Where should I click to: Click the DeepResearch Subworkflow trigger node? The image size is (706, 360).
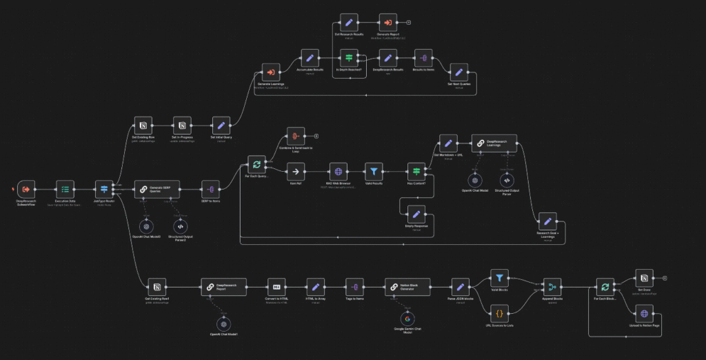(26, 189)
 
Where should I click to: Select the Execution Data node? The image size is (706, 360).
(65, 189)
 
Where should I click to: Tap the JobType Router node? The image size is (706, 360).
(105, 189)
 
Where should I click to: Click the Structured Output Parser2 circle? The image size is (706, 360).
(180, 226)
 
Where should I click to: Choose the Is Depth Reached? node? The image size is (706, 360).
(349, 59)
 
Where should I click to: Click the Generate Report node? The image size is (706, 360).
(388, 23)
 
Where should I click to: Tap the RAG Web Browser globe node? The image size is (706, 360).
(339, 172)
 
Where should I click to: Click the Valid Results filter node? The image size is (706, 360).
(374, 172)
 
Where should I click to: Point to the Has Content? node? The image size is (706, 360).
(416, 172)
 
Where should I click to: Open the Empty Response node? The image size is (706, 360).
(416, 214)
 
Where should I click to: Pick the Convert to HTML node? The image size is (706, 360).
(276, 287)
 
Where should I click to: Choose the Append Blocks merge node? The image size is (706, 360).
(552, 287)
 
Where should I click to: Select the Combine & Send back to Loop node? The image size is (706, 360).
(295, 136)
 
